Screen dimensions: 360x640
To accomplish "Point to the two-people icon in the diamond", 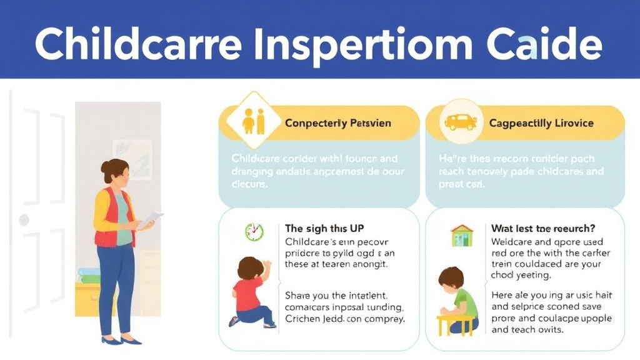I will (x=253, y=121).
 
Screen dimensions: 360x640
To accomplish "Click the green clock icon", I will (x=254, y=232).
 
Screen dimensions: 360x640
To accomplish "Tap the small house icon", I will (x=462, y=235).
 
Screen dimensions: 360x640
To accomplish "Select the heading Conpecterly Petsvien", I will (x=337, y=123).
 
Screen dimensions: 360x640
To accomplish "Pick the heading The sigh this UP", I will (x=324, y=228).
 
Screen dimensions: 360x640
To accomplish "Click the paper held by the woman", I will (x=150, y=219).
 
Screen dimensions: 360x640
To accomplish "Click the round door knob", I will (x=24, y=219).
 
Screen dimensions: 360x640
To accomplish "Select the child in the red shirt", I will (x=249, y=291).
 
